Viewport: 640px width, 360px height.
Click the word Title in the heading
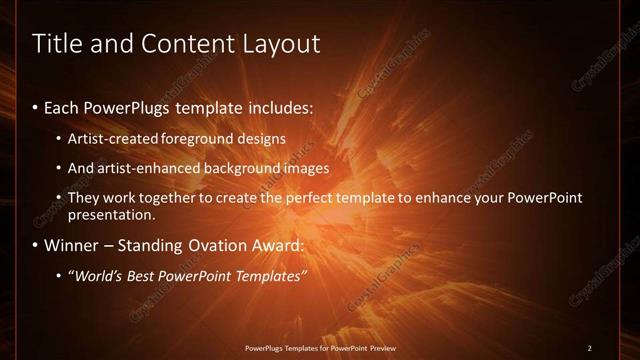pyautogui.click(x=57, y=44)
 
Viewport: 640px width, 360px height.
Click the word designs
pyautogui.click(x=263, y=138)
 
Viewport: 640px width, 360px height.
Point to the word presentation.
pyautogui.click(x=112, y=214)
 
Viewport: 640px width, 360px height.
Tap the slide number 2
pyautogui.click(x=590, y=348)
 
